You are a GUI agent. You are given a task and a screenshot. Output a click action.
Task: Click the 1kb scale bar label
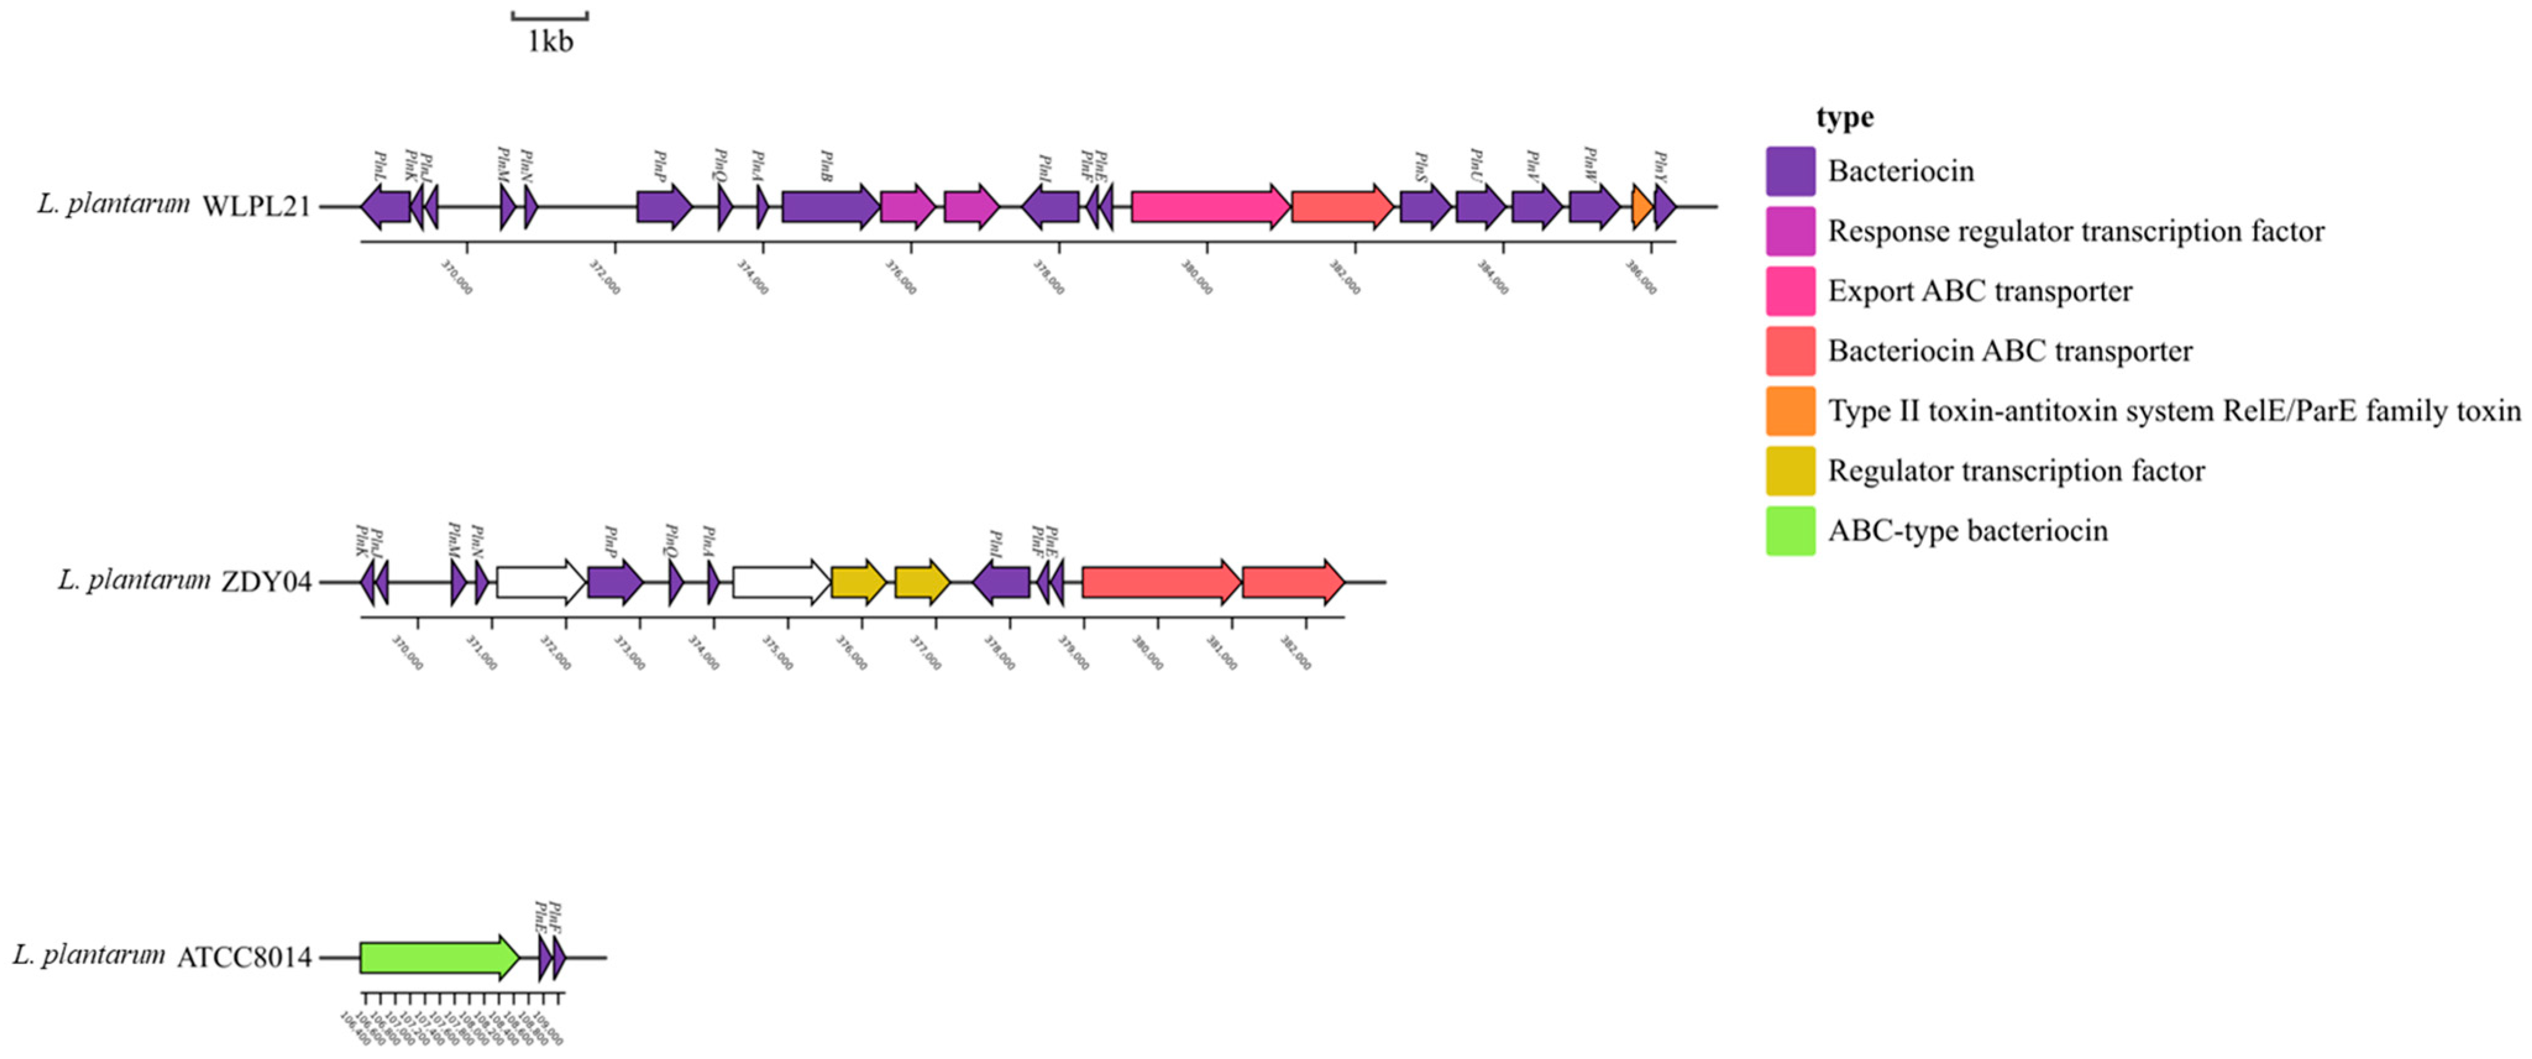549,41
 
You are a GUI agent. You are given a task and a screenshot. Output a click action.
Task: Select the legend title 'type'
1844,117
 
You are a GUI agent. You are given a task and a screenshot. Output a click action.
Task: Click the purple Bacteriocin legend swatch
1790,172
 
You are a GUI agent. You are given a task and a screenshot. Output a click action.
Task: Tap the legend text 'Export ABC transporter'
1980,291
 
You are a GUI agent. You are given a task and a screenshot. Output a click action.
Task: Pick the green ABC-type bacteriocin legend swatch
1790,531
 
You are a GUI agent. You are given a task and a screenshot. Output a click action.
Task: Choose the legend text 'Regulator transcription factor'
2016,471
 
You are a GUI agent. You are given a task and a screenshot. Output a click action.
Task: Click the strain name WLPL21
256,206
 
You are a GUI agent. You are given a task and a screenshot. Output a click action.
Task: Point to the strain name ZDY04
266,582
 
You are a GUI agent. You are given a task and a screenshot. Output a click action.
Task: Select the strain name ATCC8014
244,958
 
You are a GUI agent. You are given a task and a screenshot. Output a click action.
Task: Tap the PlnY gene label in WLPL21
1660,162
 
